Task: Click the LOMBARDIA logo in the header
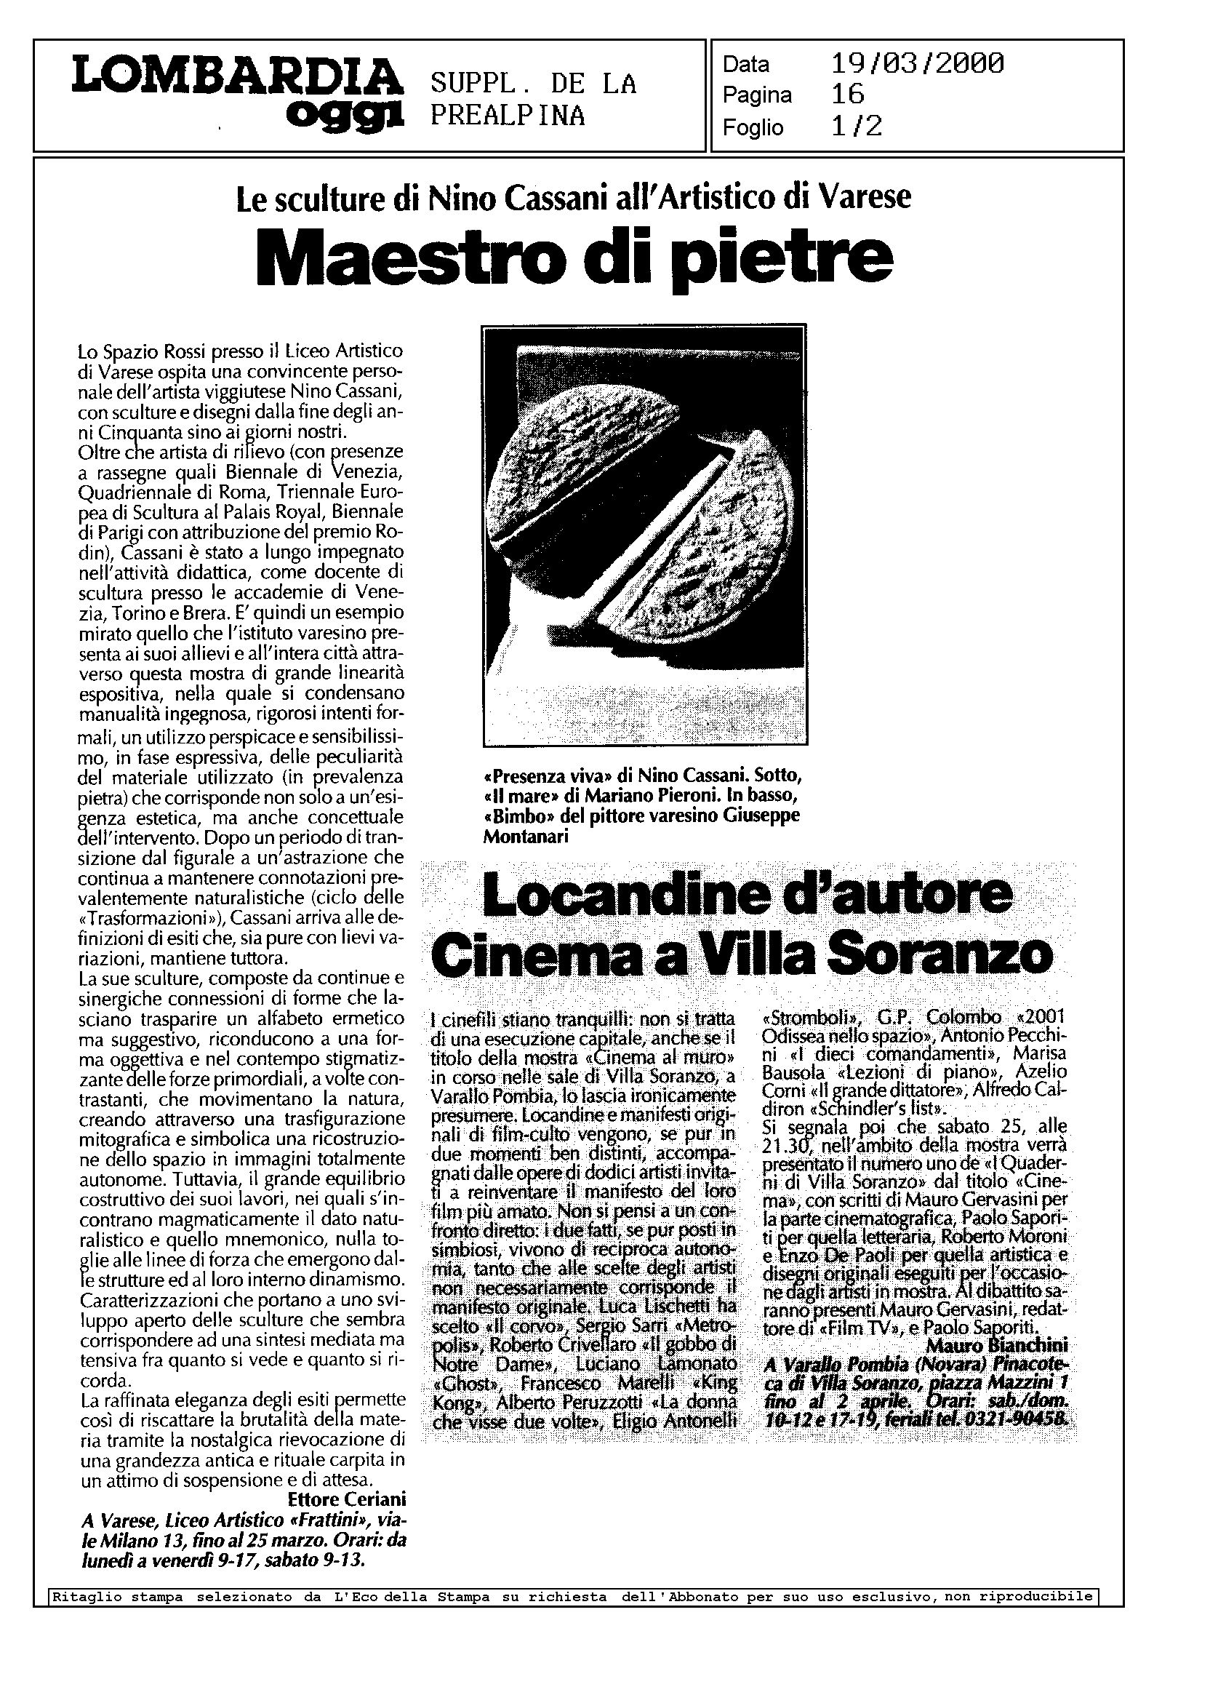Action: coord(236,78)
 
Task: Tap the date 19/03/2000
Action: coord(917,64)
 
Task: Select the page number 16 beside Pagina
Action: coord(847,95)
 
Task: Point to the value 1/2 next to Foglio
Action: coord(856,126)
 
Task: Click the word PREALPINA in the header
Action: coord(508,116)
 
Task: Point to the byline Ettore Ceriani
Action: coord(346,1500)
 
